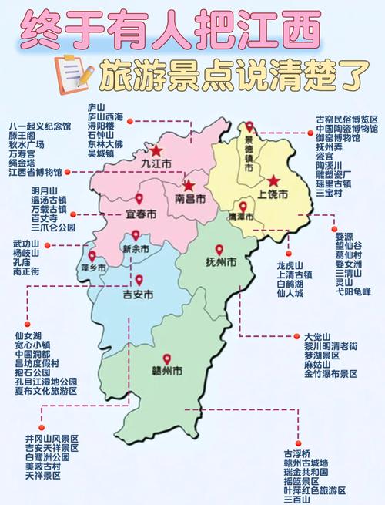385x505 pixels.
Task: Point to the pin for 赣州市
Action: coord(166,359)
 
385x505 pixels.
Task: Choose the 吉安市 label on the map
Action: coord(139,295)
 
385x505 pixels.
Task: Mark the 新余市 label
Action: coord(136,248)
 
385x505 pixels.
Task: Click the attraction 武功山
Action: coord(27,244)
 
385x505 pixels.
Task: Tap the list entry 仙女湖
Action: coord(28,337)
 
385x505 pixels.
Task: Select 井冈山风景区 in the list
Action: coord(52,439)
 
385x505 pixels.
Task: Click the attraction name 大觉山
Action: coord(316,337)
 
